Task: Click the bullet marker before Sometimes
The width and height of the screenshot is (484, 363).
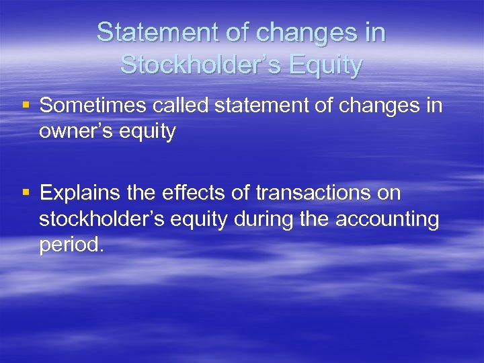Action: click(x=26, y=106)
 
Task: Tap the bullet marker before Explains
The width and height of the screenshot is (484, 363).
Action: click(x=26, y=194)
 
